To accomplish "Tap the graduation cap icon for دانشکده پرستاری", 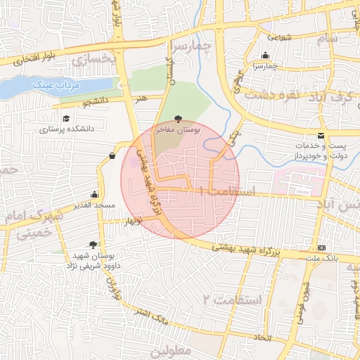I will [x=66, y=119].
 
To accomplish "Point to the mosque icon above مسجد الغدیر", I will [x=94, y=195].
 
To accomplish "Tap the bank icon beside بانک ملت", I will [x=322, y=247].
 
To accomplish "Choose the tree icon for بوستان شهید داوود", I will [x=93, y=245].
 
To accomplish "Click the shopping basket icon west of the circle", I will [x=112, y=155].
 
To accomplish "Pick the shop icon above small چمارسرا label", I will [x=265, y=56].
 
